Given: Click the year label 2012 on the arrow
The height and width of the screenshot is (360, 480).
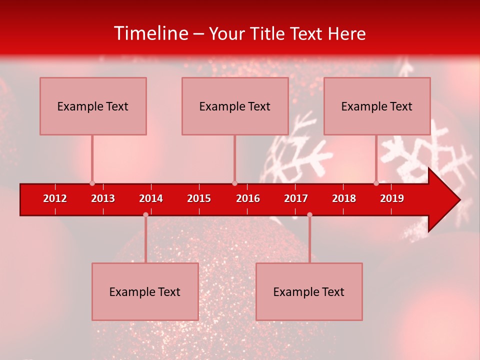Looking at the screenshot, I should point(55,198).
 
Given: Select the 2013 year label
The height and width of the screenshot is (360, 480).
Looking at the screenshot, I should point(103,198).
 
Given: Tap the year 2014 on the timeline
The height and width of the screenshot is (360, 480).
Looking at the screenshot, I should point(151,198).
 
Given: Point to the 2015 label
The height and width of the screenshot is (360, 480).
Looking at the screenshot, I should point(199,198).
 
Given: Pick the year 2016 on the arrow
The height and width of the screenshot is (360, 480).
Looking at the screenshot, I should point(248,198).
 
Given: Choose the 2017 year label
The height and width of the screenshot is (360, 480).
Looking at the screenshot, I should point(296,198).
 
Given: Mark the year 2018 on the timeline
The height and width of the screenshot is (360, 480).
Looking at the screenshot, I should point(344,198).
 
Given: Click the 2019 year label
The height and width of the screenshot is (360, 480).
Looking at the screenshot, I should point(392,198).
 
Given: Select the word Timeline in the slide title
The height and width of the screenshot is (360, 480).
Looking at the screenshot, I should point(150,33).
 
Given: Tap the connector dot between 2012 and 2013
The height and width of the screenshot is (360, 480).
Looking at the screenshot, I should point(92,183).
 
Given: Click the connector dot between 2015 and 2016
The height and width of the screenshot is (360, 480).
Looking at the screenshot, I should point(234,183).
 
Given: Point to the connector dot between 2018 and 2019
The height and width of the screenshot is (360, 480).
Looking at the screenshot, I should point(376,183).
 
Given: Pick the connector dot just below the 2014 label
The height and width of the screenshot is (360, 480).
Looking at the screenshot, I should point(145,214).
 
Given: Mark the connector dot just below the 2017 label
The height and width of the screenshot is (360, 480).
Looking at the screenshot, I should point(309,214).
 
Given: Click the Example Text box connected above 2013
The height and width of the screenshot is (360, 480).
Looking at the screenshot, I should point(93,106).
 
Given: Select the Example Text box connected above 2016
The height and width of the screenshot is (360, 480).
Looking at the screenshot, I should point(235,106).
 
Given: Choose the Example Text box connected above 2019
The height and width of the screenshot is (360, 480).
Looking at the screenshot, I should point(377,106).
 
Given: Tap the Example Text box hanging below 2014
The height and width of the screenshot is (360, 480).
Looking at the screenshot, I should point(145,291).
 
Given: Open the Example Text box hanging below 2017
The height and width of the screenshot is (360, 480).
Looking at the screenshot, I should point(309,291).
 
